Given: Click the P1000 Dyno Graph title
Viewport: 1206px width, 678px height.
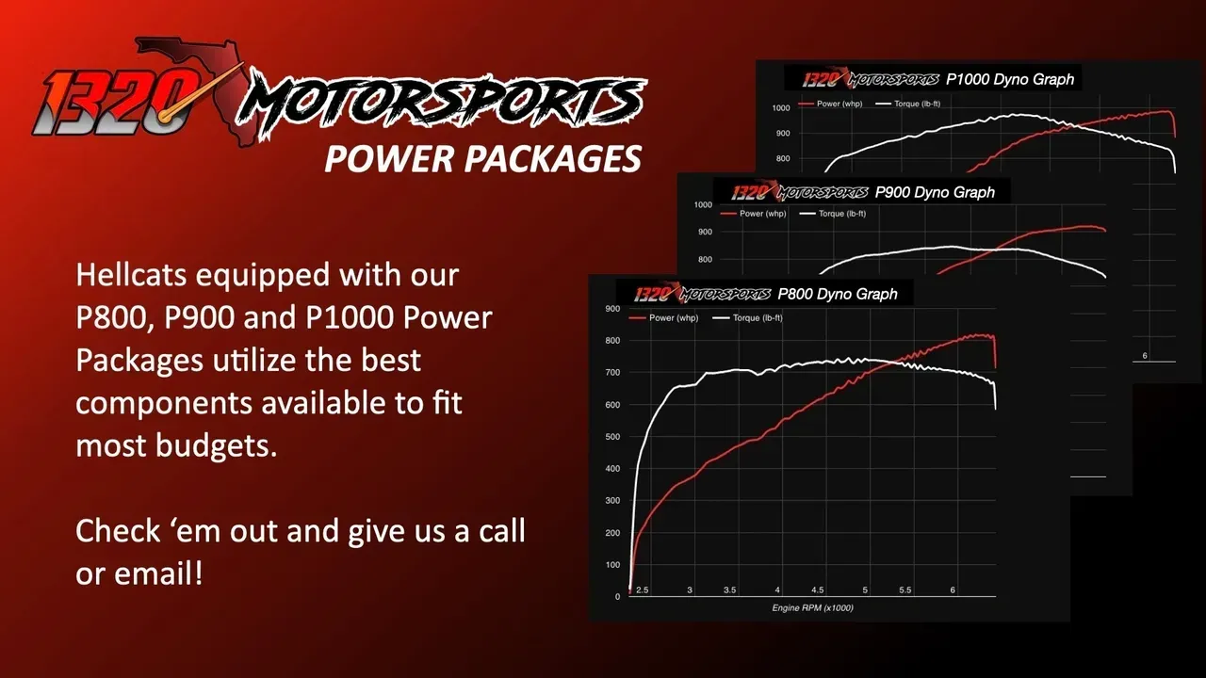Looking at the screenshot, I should click(1009, 79).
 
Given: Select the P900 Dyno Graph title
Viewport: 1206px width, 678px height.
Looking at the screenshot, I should click(935, 192).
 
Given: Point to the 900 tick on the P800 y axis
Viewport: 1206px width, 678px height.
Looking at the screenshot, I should click(611, 309).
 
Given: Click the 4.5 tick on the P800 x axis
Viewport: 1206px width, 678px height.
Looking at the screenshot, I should click(818, 589).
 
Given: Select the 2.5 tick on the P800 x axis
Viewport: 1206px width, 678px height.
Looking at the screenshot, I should click(642, 589).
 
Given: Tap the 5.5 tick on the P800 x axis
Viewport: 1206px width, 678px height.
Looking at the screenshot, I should click(904, 589).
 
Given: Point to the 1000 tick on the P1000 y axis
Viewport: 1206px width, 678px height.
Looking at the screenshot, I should click(780, 108).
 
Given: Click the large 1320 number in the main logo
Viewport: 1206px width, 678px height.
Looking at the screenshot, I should click(104, 101).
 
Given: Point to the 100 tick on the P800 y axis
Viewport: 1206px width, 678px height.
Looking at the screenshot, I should click(611, 565).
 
